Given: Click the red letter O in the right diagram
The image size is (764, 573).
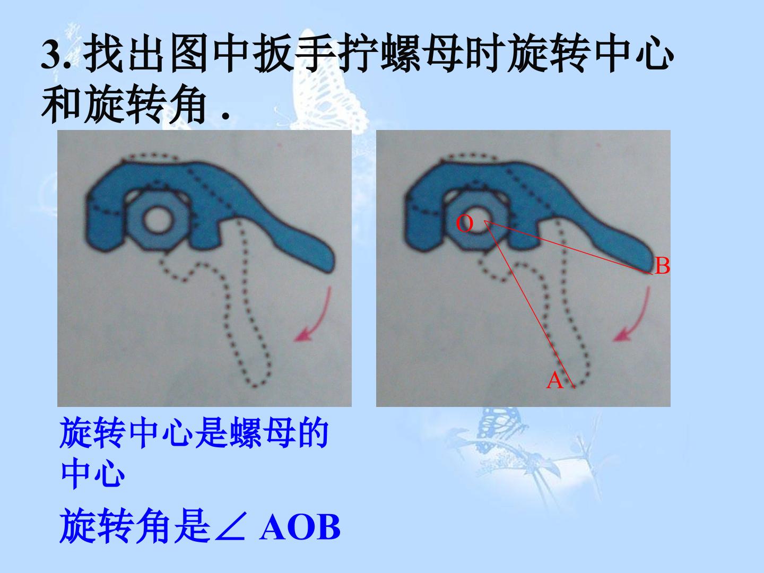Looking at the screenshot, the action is (x=464, y=223).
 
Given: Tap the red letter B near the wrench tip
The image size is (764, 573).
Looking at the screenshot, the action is (x=662, y=266).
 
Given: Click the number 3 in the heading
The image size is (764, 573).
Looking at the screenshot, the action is (x=51, y=55).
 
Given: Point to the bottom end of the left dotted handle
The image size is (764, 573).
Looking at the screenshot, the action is (x=256, y=385).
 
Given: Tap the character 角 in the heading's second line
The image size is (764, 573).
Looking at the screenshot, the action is (x=187, y=105).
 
